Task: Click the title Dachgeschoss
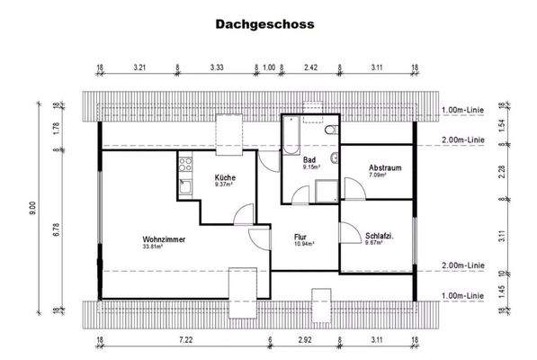[264, 25]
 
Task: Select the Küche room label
[225, 177]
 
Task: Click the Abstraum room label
[385, 168]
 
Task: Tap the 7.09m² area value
[379, 176]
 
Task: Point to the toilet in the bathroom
[334, 131]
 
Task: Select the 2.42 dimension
[311, 67]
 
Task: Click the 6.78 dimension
[56, 229]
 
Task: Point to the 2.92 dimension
[304, 340]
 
